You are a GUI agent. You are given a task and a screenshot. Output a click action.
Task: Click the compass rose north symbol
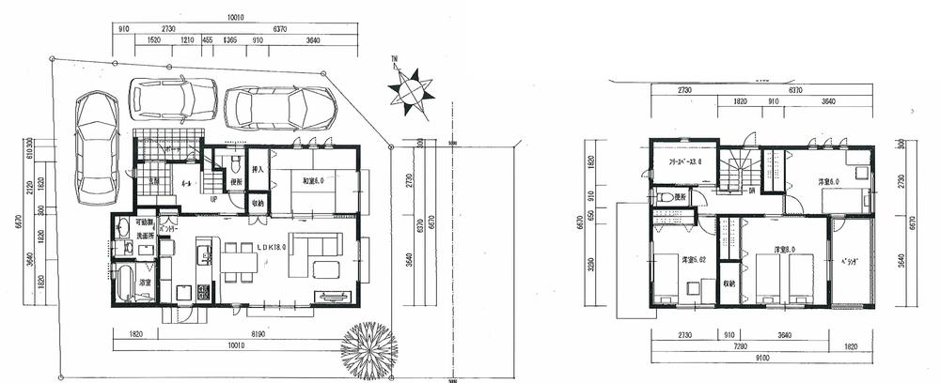coord(411,92)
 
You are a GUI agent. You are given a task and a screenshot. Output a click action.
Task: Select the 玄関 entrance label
coord(153,180)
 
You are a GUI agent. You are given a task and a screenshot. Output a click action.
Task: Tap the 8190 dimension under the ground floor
coord(260,332)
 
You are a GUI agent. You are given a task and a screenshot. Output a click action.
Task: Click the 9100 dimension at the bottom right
coord(761,359)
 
